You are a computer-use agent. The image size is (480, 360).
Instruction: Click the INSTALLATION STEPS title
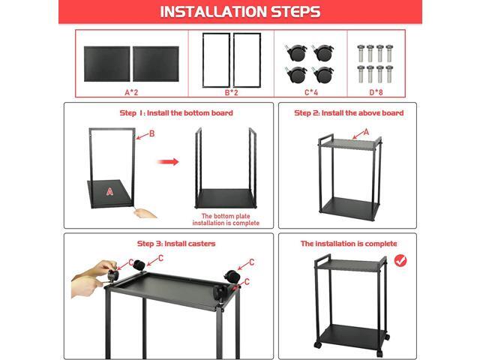tap(240, 12)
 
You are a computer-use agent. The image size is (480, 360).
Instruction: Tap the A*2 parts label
tap(130, 92)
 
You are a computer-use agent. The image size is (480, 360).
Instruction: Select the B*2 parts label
tap(232, 92)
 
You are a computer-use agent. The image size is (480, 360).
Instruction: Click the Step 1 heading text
tap(175, 113)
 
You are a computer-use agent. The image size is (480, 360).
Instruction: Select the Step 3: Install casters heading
tap(175, 244)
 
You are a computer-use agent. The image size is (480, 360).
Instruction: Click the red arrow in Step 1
tap(171, 161)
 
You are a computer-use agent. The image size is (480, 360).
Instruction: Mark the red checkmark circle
tap(400, 261)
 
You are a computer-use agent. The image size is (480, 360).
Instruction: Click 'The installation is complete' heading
tap(348, 244)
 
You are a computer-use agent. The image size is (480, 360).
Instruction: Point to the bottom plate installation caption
tap(226, 220)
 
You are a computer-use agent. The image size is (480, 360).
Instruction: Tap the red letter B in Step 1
tap(151, 134)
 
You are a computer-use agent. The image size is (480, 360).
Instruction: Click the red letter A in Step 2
tap(366, 131)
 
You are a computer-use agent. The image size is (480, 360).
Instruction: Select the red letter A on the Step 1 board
tap(109, 191)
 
